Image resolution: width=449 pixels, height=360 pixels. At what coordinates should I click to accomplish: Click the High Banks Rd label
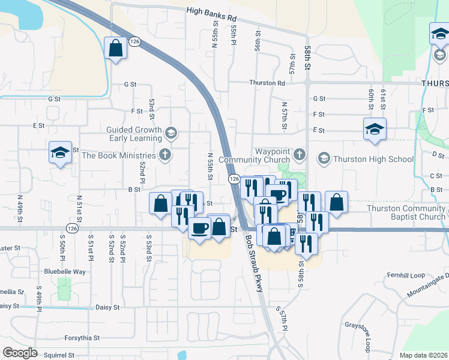tap(211, 10)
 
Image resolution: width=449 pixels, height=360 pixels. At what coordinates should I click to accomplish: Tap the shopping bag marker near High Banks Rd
tap(115, 48)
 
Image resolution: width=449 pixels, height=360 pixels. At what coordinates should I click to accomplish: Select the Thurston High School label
tap(373, 159)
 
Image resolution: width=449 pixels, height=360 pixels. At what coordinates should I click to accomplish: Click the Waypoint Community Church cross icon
tap(300, 155)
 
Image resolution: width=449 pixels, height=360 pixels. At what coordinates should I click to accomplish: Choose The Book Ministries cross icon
tap(166, 155)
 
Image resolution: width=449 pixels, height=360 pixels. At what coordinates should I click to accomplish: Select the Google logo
tap(20, 353)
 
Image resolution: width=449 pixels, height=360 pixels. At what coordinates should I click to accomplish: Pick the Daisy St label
tap(107, 307)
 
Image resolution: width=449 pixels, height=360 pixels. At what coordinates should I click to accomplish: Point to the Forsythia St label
tap(82, 338)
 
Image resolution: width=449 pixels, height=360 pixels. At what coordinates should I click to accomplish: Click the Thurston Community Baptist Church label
tap(407, 212)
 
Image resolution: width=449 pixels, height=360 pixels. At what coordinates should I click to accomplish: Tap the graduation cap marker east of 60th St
tap(375, 130)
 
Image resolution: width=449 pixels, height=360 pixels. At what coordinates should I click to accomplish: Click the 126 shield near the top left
tap(135, 41)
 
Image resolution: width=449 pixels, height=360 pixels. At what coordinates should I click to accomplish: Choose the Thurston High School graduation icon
tap(324, 158)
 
